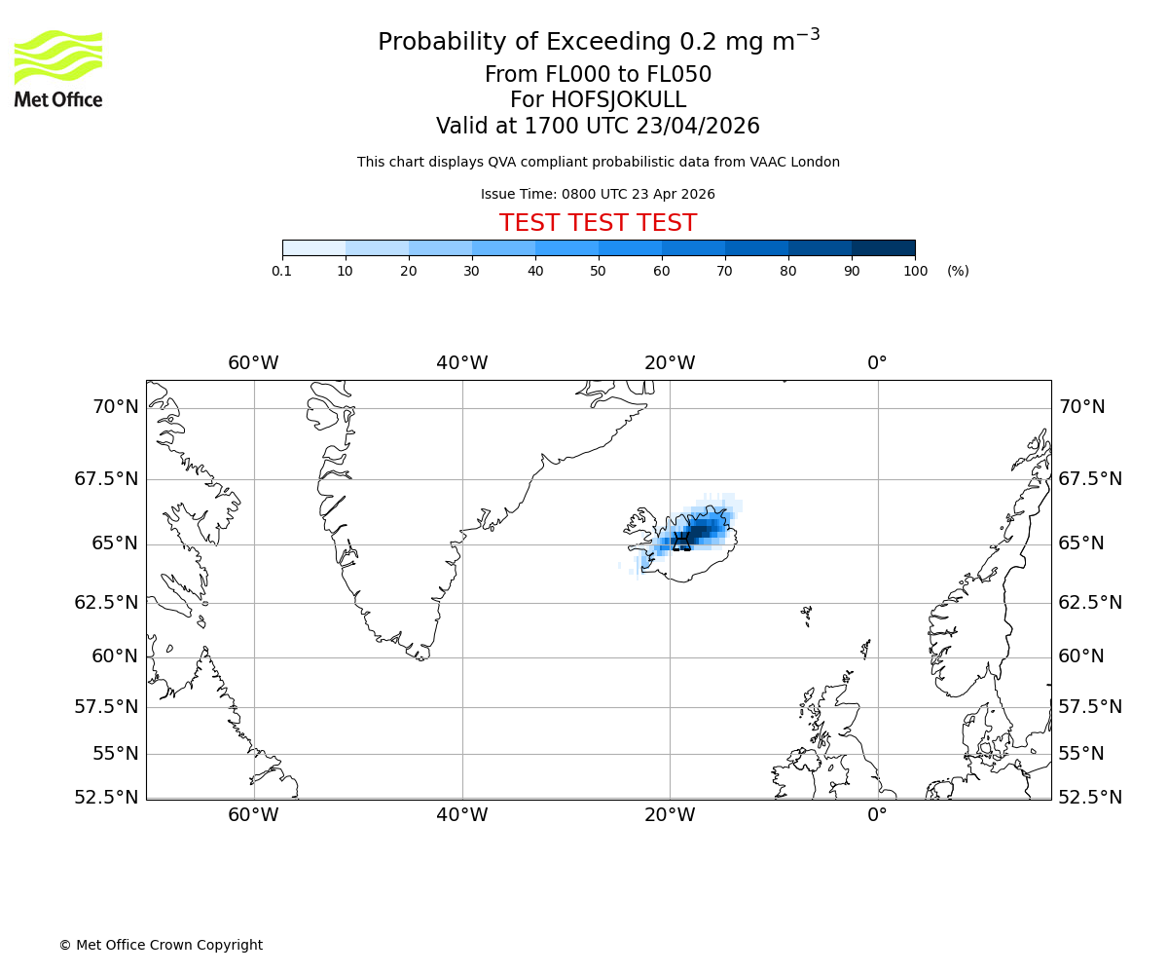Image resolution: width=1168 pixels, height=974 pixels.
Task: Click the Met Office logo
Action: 58,68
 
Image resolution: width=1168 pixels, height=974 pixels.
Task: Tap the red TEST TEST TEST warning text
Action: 598,223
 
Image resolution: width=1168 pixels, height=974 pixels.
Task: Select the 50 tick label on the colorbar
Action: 599,271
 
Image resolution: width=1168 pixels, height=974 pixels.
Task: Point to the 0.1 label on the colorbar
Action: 282,271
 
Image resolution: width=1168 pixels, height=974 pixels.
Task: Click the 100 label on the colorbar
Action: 915,271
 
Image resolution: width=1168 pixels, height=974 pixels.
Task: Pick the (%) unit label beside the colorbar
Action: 958,271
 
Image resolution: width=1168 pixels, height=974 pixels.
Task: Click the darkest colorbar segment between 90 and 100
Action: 883,247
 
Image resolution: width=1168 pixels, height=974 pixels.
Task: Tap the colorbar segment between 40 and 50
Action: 566,247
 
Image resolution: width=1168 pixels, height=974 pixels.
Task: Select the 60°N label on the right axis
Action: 1081,656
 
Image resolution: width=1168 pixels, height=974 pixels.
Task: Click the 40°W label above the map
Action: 462,363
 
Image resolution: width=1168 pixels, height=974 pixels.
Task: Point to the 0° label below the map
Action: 877,814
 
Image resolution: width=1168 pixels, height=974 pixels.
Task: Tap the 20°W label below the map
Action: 670,814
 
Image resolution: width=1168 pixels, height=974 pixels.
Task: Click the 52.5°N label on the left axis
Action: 106,798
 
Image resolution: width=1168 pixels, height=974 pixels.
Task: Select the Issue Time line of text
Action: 598,195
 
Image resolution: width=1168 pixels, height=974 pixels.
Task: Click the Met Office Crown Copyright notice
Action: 161,945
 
